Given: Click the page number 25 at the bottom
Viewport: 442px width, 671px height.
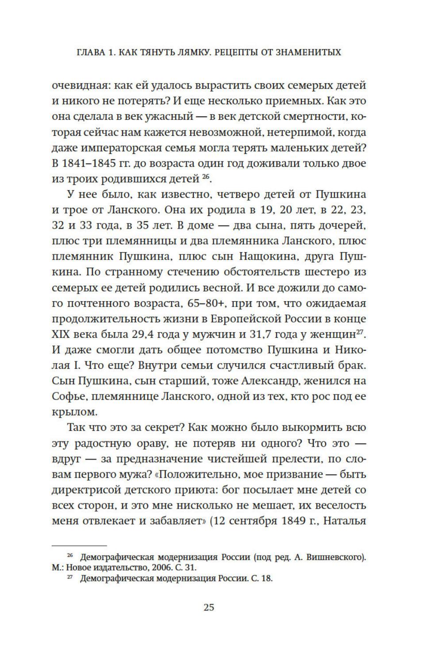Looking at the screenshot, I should (x=209, y=607).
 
